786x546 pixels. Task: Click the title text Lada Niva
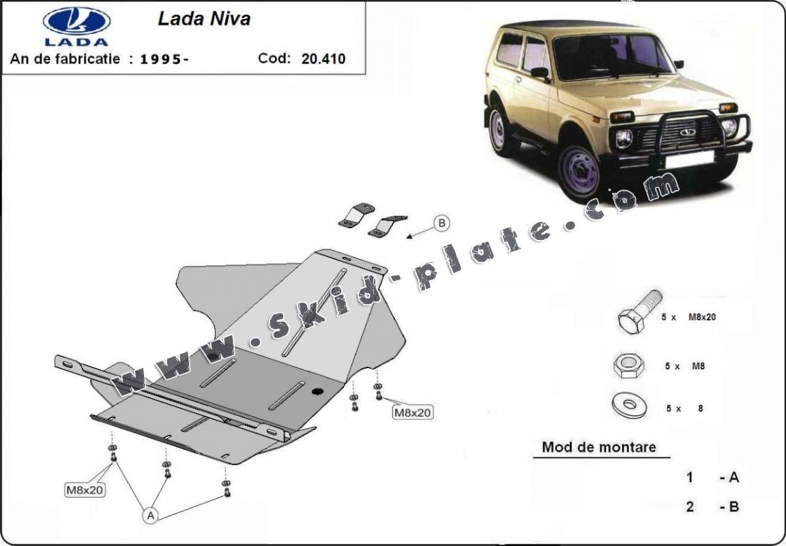pos(204,18)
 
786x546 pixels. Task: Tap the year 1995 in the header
pos(164,59)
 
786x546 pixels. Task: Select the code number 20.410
pos(323,59)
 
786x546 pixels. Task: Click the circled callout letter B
pos(441,223)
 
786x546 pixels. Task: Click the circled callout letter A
pos(150,516)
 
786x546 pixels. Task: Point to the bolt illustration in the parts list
pos(639,312)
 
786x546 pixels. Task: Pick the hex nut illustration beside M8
pos(628,367)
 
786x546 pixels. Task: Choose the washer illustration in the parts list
pos(628,406)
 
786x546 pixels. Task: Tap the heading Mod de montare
pos(598,447)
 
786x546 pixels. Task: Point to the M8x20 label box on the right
pos(413,412)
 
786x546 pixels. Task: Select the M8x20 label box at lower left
pos(85,489)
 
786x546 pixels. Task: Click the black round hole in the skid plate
pos(317,391)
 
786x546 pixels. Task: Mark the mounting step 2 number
pos(690,506)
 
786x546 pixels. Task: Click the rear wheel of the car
pos(499,130)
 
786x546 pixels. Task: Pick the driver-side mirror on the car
pos(540,72)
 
